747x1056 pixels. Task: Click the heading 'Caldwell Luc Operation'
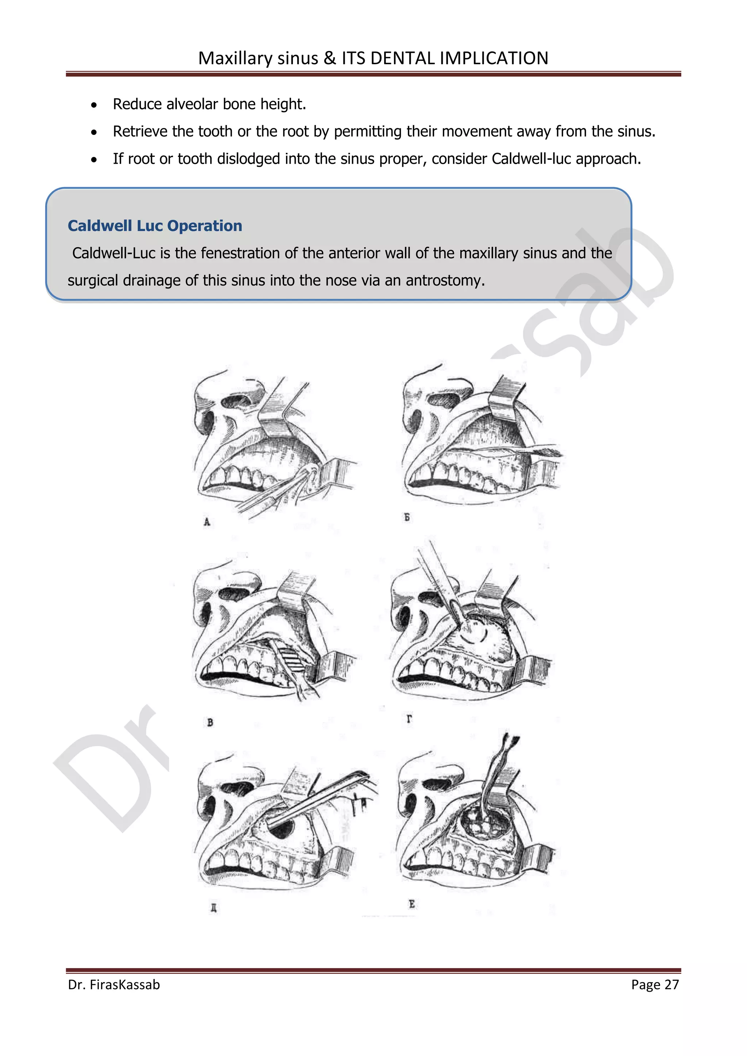(155, 226)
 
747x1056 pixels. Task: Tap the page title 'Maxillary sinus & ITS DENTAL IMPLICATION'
(373, 58)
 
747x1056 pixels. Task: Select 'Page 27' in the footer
(655, 984)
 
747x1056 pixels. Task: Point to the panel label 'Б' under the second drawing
(407, 517)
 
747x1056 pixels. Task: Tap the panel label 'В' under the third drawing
(210, 723)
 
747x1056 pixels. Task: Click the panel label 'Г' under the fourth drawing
(409, 718)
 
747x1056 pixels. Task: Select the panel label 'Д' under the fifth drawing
(213, 908)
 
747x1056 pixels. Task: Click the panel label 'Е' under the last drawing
(412, 904)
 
